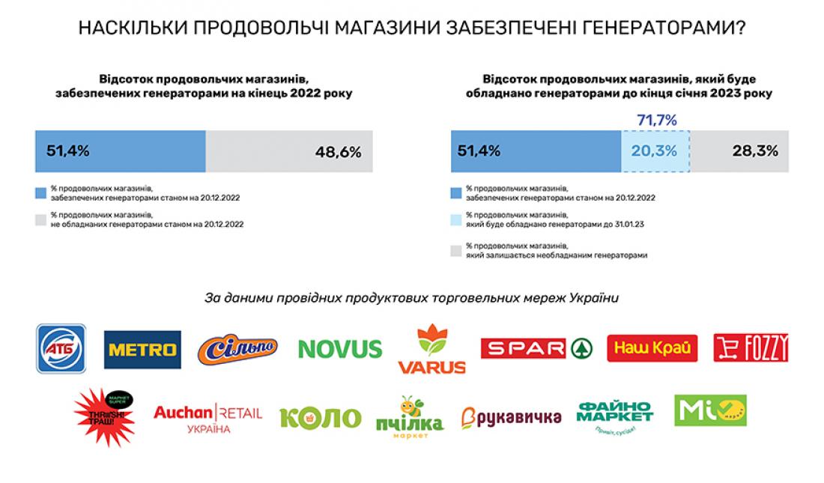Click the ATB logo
61,348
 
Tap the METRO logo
142,350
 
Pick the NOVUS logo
340,348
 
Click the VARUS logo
431,349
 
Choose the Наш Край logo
652,348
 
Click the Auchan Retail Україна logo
207,417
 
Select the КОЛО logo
320,417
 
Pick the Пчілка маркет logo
409,417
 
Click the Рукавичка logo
511,417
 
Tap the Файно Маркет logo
614,417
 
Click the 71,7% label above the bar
656,120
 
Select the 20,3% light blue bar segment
655,151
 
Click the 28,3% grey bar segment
739,151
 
